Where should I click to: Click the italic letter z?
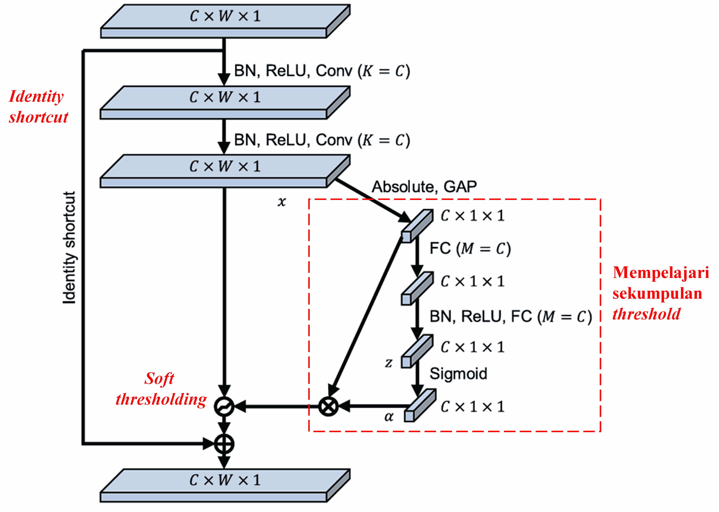388,363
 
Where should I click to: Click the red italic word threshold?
646,314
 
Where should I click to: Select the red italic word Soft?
159,378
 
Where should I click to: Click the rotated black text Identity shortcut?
69,247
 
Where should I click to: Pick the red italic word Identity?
36,96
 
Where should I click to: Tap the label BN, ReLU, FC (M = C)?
511,316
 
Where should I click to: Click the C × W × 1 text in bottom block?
225,480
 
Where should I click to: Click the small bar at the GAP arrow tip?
417,226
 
